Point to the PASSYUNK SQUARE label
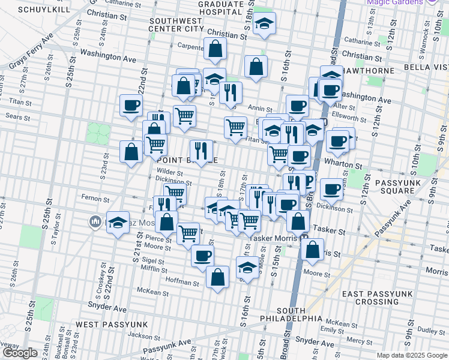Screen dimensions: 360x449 click(x=394, y=186)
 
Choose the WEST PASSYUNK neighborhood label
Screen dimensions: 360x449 click(x=108, y=324)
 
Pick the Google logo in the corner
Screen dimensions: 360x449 click(x=20, y=353)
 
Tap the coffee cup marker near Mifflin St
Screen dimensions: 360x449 click(x=202, y=255)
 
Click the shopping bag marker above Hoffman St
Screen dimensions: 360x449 click(x=217, y=277)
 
